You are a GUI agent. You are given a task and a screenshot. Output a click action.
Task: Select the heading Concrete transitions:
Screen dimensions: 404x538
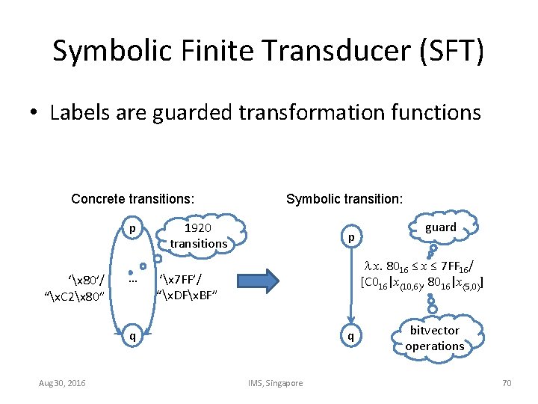click(x=133, y=198)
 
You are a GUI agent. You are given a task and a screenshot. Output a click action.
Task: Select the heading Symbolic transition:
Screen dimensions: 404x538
click(x=344, y=198)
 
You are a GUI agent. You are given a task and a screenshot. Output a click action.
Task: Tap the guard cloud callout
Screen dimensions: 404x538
click(x=440, y=227)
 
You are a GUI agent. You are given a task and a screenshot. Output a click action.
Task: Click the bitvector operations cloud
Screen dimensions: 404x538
click(x=434, y=338)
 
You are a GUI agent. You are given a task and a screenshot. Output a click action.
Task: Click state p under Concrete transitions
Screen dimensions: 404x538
click(x=132, y=227)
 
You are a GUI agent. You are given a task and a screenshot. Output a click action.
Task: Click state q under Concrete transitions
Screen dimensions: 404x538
click(x=132, y=334)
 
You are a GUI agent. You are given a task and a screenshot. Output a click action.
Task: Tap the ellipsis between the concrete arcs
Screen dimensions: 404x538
click(x=132, y=281)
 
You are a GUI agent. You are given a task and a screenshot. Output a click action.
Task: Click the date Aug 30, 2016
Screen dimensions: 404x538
click(x=63, y=383)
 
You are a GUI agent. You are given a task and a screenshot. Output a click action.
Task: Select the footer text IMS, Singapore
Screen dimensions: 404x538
click(x=275, y=383)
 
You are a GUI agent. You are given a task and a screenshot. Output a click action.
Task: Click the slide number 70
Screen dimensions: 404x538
click(x=507, y=383)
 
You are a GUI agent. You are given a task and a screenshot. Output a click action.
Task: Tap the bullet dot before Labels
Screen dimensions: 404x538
click(x=34, y=114)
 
